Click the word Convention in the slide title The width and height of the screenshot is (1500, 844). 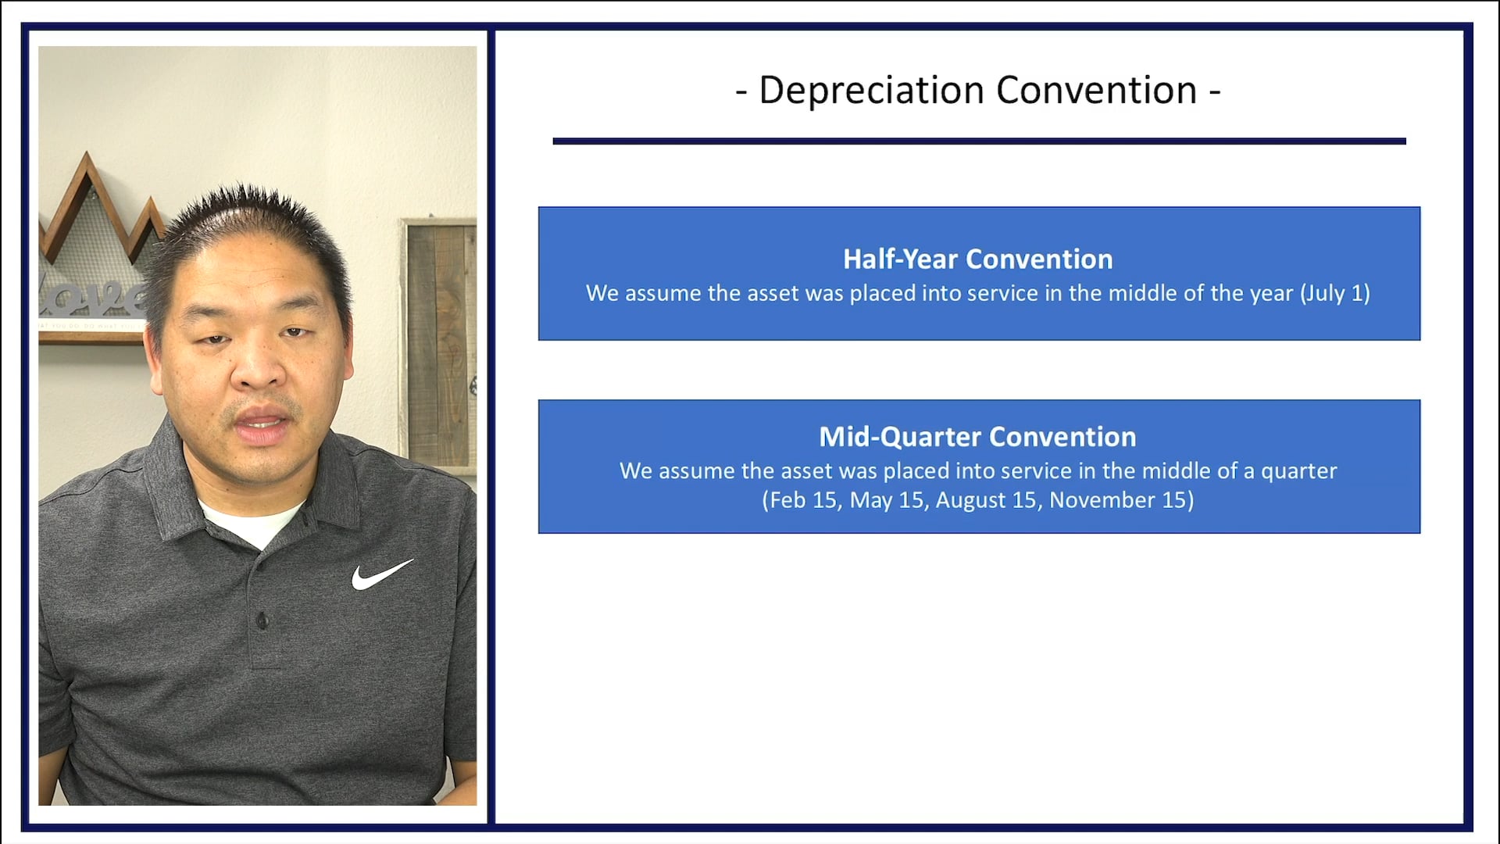[x=1096, y=91]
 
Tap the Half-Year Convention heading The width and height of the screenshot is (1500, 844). [x=977, y=259]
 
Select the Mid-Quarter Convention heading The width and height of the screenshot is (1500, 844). [x=977, y=437]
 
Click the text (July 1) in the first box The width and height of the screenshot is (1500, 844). [x=1334, y=294]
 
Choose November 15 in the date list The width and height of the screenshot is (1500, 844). [x=1118, y=500]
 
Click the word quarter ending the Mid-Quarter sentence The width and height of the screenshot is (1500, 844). [x=1298, y=471]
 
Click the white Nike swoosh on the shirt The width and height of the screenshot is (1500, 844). [x=380, y=574]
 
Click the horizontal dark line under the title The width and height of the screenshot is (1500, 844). [x=978, y=141]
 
